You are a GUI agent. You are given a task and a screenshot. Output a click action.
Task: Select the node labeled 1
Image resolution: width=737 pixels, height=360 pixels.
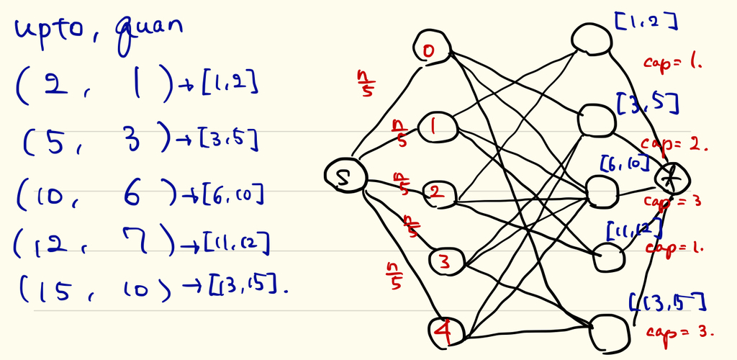tap(435, 125)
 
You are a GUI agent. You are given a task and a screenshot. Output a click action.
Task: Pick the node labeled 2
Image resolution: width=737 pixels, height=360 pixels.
tap(435, 193)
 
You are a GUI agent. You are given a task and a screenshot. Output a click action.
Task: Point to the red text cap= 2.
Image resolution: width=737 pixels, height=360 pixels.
tap(674, 143)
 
